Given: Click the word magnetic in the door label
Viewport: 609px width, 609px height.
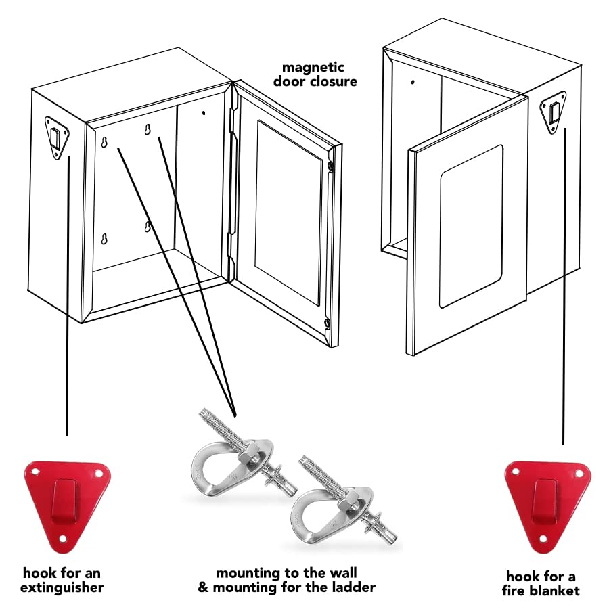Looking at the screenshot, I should (313, 68).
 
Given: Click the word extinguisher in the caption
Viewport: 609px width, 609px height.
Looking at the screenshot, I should (62, 587).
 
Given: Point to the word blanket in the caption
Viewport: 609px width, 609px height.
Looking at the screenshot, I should (554, 590).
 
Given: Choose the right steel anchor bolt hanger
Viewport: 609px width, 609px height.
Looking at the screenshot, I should (332, 501).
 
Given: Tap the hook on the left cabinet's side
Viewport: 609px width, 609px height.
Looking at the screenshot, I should (56, 137).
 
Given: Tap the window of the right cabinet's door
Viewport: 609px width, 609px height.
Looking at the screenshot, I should (472, 225).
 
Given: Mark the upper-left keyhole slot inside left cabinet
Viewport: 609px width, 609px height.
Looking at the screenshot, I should (104, 141).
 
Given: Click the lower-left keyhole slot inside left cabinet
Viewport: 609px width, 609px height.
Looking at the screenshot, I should (104, 239).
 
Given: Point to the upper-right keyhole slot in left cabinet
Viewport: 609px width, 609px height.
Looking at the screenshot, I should (148, 130).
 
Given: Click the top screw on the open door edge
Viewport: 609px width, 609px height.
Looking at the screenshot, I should (329, 166).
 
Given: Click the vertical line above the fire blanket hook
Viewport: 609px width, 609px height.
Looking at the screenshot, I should (564, 284).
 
